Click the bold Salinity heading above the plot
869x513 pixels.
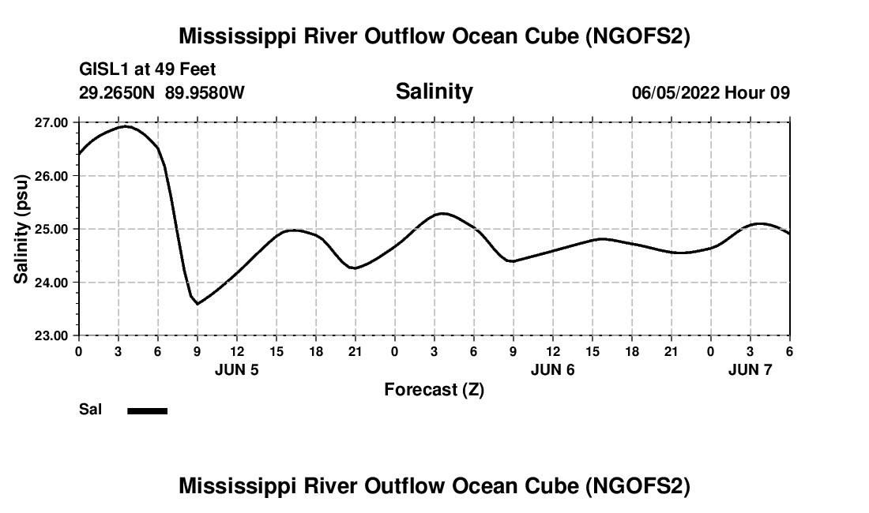click(x=434, y=92)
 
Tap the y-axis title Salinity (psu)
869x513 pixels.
click(x=21, y=229)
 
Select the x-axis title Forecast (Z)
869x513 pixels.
click(x=434, y=389)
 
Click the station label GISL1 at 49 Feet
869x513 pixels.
click(x=147, y=70)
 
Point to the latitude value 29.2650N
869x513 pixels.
click(x=118, y=92)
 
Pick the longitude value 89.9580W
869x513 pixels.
click(x=205, y=92)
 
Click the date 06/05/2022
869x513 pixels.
click(x=675, y=92)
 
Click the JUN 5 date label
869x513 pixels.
click(x=237, y=369)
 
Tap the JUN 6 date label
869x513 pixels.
click(x=553, y=369)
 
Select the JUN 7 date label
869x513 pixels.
click(x=750, y=369)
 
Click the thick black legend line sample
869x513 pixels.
click(x=147, y=410)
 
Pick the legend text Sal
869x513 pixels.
click(x=89, y=410)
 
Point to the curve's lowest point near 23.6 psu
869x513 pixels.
click(x=197, y=303)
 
